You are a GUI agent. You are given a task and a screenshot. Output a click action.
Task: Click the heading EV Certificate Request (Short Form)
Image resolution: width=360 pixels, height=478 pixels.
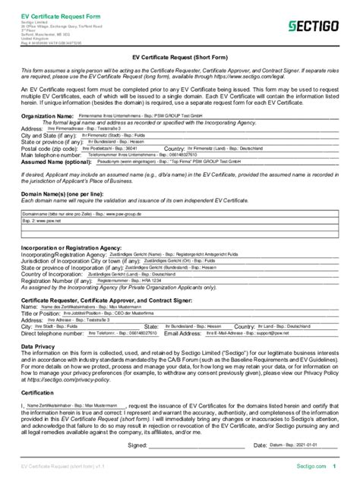pyautogui.click(x=179, y=56)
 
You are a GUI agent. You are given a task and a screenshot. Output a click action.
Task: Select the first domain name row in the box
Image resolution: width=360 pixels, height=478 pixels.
pyautogui.click(x=179, y=215)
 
